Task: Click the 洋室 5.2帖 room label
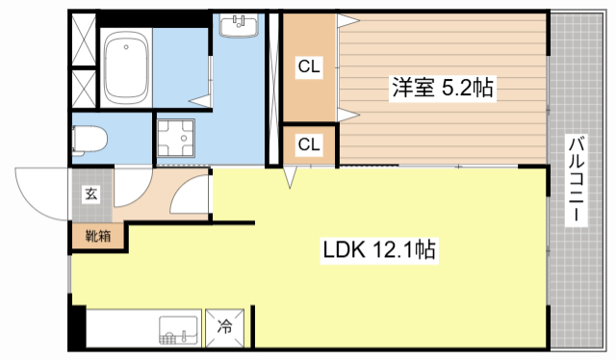442,89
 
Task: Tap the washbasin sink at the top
237,26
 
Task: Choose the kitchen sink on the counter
177,331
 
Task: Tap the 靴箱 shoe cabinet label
97,234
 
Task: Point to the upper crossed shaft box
84,39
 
